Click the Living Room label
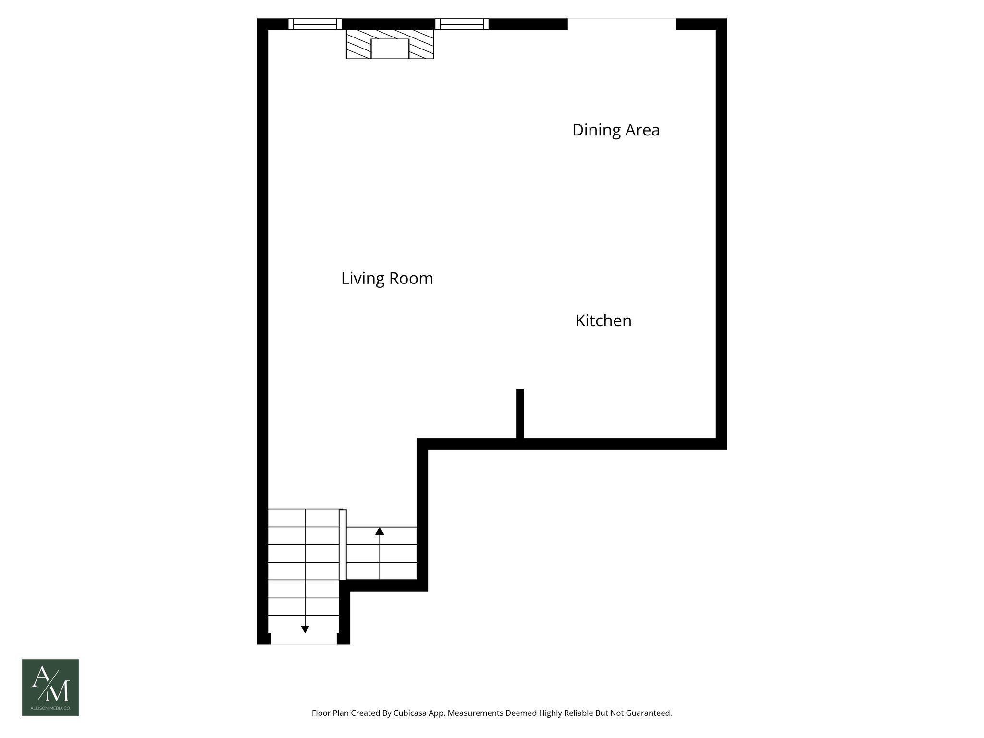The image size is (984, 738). coord(387,279)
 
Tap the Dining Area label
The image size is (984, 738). coord(615,130)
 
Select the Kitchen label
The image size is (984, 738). coord(603,321)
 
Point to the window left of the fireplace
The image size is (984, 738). coord(315,24)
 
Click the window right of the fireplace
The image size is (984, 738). coord(462,24)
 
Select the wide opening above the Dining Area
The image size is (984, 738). coord(622,24)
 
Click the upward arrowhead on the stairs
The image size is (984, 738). coord(380,531)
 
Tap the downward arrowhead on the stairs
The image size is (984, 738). coord(305,629)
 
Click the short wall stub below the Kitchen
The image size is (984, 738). coord(520,413)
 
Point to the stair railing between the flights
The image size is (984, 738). coord(343,545)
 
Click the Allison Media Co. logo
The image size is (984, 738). coord(50,687)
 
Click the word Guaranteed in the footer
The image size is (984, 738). coord(650,713)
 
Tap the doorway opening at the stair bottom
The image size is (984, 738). coord(304,640)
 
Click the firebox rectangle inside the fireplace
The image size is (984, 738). coord(390,49)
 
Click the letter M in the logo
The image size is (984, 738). coord(60,690)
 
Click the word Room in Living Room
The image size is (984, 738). coord(411,279)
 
